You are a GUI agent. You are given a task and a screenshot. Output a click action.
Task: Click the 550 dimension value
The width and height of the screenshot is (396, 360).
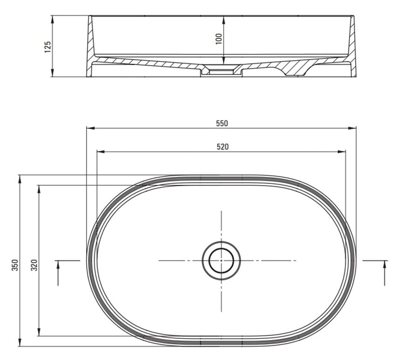pos(222,123)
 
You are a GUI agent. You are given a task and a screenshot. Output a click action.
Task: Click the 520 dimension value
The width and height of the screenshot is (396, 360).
pos(223,147)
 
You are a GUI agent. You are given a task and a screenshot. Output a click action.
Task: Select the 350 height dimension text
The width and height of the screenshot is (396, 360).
pos(15,265)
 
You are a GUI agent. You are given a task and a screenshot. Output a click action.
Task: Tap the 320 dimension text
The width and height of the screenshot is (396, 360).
pos(34,265)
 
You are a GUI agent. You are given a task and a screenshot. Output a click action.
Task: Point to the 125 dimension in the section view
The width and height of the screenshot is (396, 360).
pos(48,47)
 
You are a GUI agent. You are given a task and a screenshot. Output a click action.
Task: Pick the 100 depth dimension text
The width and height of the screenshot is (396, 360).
pos(218,39)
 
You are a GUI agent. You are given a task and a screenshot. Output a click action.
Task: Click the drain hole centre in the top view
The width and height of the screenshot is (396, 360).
pos(221,260)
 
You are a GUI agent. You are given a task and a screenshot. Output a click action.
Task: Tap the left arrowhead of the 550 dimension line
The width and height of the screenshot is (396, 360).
pos(90,128)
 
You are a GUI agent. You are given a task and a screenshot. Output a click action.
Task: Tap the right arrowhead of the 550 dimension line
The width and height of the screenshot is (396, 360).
pos(352,128)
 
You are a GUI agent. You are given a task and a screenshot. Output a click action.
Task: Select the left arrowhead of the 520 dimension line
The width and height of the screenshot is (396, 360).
pos(101,151)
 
